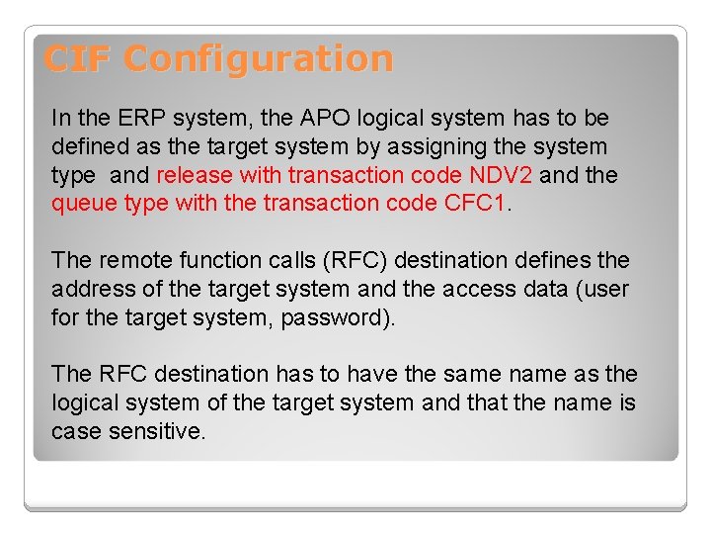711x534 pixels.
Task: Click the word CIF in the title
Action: tap(78, 59)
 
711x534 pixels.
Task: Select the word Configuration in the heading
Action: tap(259, 60)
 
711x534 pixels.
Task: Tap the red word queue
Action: tap(86, 204)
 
